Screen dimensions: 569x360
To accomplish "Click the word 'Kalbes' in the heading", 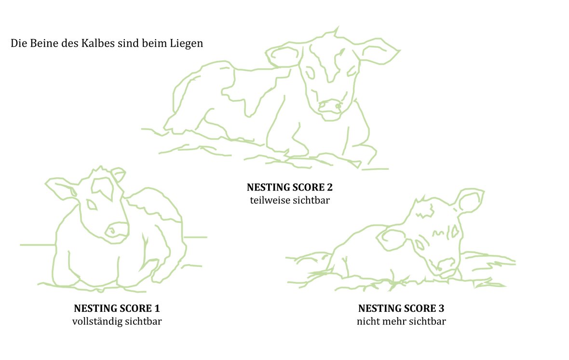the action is tap(97, 43).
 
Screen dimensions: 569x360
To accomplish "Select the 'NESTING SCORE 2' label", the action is tap(290, 187).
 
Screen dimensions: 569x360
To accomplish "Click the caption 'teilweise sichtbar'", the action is tap(290, 200).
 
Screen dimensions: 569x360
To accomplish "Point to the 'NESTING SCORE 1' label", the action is tap(117, 308).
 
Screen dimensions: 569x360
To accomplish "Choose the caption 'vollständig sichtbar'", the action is tap(117, 321).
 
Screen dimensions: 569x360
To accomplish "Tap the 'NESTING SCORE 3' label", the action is tap(401, 308).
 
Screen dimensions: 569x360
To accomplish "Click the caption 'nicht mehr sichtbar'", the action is tap(401, 321).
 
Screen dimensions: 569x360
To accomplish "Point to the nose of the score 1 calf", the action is tap(117, 230).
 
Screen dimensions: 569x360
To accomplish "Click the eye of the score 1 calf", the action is tap(92, 205).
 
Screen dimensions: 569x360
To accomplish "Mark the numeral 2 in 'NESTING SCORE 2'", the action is tap(329, 187).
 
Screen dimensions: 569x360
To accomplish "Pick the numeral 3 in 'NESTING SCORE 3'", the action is tap(441, 308).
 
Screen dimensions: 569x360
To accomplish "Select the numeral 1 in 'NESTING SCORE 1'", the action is tap(157, 308).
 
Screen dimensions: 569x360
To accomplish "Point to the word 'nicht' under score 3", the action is tap(367, 321).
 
